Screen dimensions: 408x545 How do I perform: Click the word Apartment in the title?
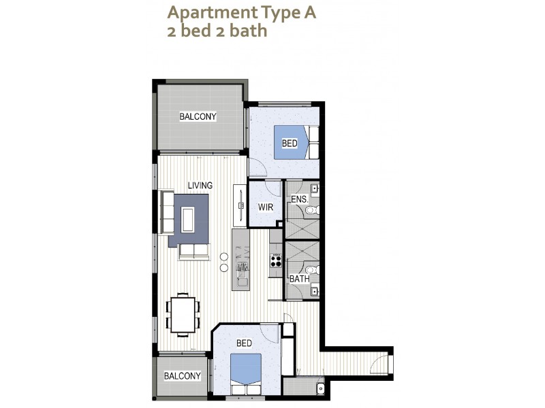coord(200,12)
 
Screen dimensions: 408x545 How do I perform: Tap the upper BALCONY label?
coord(198,116)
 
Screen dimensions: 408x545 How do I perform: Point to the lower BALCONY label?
coord(182,376)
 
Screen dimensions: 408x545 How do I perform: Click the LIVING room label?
coord(200,185)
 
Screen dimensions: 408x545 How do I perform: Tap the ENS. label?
coord(299,200)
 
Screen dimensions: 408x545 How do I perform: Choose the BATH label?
coord(299,279)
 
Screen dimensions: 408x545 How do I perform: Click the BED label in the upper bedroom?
coord(290,143)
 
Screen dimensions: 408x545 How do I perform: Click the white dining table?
coord(183,314)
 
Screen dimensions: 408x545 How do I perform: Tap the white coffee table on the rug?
coord(187,219)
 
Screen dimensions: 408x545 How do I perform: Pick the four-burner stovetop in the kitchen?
coord(277,259)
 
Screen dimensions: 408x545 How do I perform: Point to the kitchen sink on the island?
coord(241,276)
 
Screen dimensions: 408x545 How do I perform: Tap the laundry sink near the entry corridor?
coord(320,388)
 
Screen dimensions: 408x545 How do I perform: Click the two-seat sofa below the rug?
coord(194,252)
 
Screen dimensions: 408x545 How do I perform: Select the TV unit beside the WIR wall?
coord(240,204)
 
